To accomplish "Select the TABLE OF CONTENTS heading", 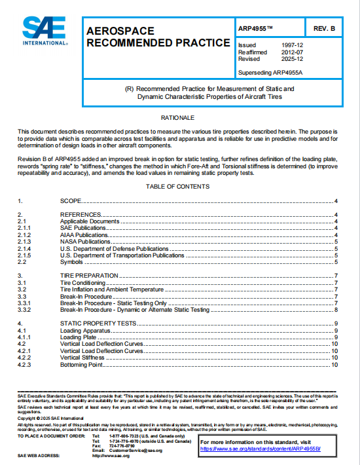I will pyautogui.click(x=178, y=187).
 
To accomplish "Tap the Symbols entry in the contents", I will pyautogui.click(x=71, y=262).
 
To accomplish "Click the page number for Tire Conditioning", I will pyautogui.click(x=335, y=282).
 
